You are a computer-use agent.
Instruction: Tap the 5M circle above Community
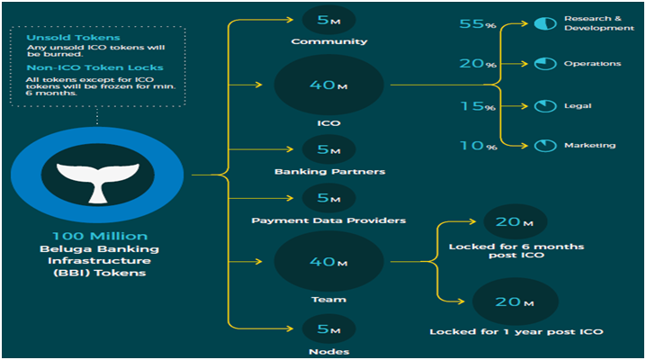tap(328, 18)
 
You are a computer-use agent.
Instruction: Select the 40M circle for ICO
tap(328, 85)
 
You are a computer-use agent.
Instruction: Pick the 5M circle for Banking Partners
tap(328, 148)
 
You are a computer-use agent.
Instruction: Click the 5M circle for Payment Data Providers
tap(328, 198)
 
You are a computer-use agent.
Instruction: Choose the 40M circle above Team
tap(328, 261)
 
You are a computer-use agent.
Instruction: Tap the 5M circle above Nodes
tap(328, 328)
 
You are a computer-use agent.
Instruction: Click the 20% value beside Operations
tap(475, 65)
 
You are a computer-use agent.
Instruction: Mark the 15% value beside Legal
tap(475, 106)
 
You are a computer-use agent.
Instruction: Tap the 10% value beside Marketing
tap(475, 146)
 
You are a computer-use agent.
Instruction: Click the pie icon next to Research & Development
tap(544, 22)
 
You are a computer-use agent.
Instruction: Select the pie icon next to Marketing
tap(544, 146)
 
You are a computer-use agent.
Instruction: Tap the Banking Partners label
tap(328, 171)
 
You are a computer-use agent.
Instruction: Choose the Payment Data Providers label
tap(328, 220)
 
